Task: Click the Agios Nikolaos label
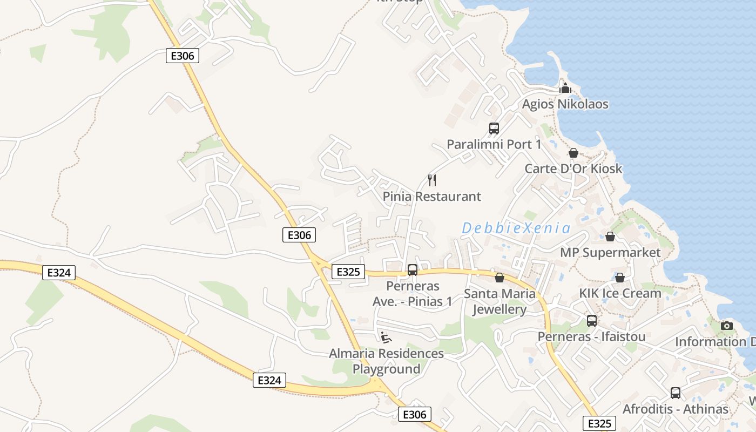(565, 104)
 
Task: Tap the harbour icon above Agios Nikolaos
(565, 88)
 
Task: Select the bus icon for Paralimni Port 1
(494, 129)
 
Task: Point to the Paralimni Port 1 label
(494, 145)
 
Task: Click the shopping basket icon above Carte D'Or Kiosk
(573, 153)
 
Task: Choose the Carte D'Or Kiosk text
(573, 169)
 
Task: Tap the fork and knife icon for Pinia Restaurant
(431, 180)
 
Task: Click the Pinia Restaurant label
(431, 197)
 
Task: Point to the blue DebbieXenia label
(516, 228)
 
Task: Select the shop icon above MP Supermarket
(610, 237)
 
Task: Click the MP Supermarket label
(610, 253)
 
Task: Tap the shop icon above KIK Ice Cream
(620, 278)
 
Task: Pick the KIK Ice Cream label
(620, 294)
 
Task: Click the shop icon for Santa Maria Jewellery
(500, 278)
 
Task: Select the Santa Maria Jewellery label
(500, 301)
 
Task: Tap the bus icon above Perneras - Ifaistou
(591, 321)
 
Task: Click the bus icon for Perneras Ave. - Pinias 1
(413, 270)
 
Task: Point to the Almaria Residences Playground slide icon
(386, 337)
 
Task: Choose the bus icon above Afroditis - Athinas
(675, 393)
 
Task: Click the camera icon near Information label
(727, 326)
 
